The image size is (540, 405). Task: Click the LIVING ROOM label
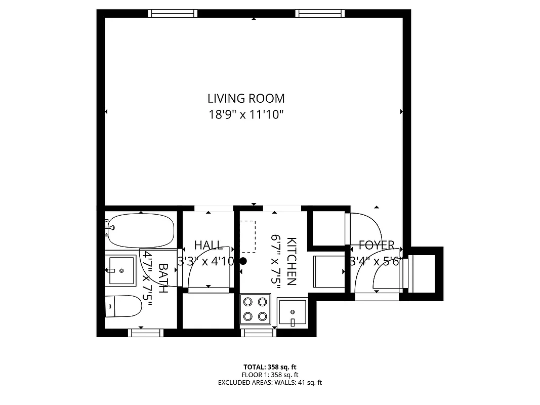coord(246,98)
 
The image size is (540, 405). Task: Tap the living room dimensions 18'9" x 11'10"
coord(246,115)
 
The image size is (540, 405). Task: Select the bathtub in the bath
coord(140,229)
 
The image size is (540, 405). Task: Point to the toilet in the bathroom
coord(123,306)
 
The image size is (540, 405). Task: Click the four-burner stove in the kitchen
coord(255,309)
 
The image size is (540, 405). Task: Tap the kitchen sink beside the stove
coord(293,312)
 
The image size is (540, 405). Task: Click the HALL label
coord(208,246)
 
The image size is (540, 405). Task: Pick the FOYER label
coord(376,246)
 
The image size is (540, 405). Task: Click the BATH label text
coord(163,278)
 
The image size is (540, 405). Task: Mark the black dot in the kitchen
coord(243,261)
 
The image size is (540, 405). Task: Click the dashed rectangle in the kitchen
coord(247,236)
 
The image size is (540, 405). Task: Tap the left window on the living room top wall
coord(173,14)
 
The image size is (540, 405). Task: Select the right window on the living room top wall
coord(320,14)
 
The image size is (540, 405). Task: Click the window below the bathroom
coord(146,333)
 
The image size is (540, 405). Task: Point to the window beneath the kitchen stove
coord(259,333)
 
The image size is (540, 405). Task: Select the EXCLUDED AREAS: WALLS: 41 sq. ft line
coord(270,383)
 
